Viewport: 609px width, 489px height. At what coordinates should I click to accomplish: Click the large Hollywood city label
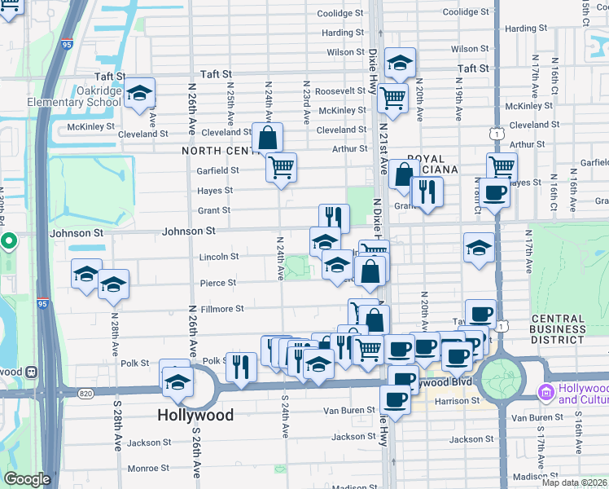click(195, 415)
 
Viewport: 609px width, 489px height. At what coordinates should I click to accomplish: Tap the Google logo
click(27, 478)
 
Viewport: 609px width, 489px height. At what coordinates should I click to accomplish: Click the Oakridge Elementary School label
click(74, 97)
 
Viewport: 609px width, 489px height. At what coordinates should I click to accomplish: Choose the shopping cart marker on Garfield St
click(281, 168)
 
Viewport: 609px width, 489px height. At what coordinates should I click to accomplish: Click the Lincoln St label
click(218, 257)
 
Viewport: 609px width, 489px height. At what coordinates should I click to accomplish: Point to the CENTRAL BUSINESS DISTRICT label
click(557, 328)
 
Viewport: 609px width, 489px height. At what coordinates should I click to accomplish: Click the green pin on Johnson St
click(8, 241)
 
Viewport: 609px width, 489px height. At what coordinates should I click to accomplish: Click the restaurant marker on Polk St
click(240, 366)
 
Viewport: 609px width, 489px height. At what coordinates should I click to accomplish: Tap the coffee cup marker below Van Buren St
click(395, 399)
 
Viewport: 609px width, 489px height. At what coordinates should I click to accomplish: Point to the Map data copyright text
click(574, 482)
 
